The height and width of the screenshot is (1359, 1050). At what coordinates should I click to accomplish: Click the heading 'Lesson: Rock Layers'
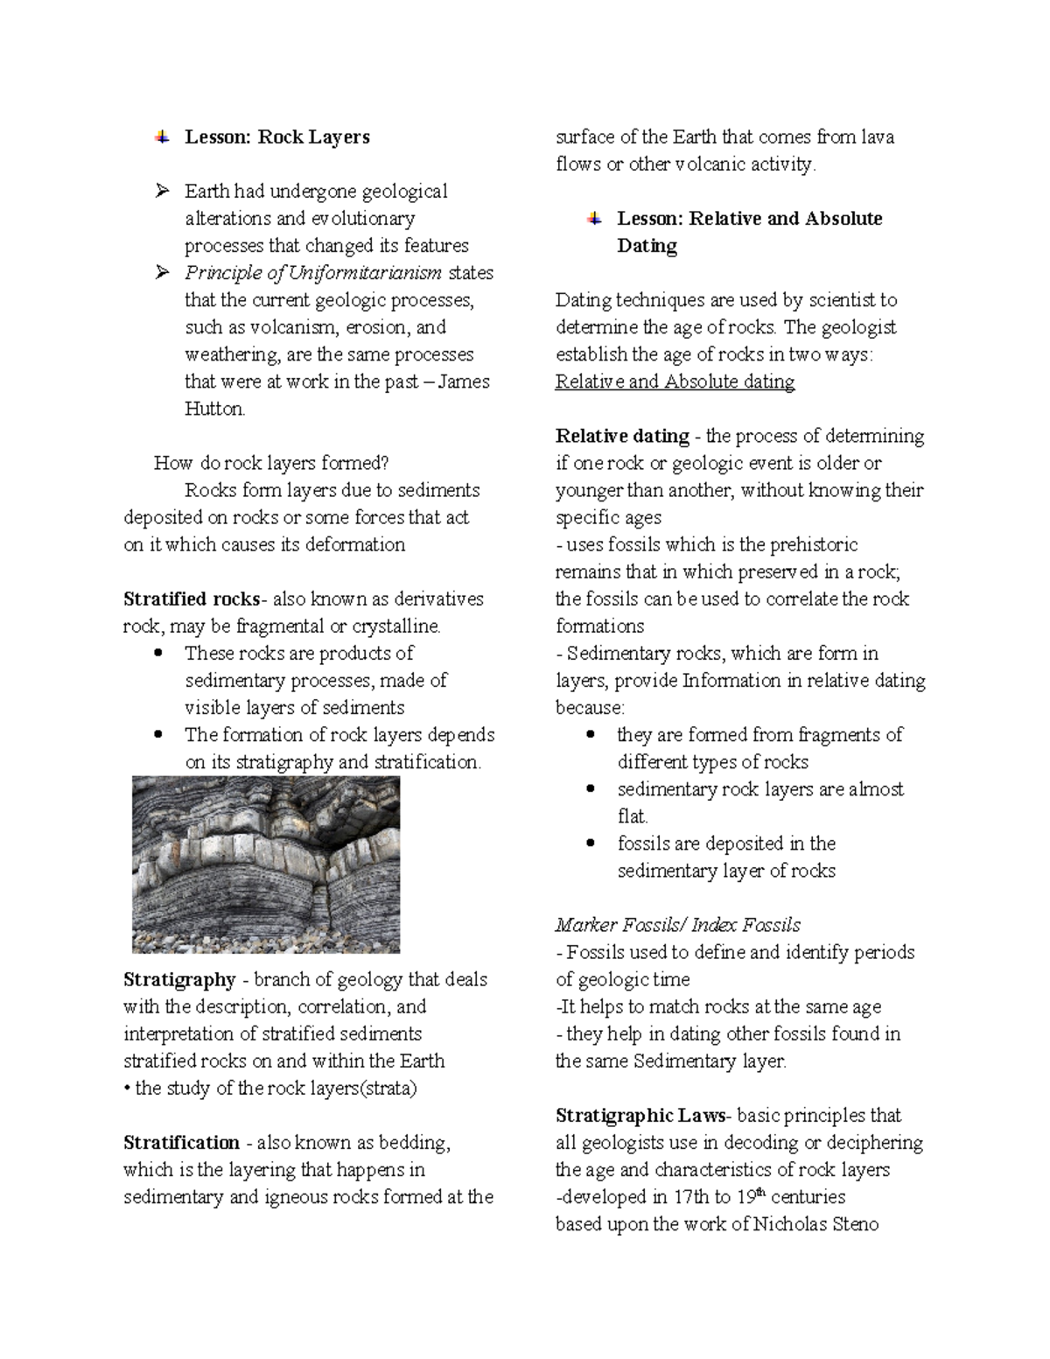276,137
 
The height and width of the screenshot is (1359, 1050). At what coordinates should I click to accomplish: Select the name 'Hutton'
214,409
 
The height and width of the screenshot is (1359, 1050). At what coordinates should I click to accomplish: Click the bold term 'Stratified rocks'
192,599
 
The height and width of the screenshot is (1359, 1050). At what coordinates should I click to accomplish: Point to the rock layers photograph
266,865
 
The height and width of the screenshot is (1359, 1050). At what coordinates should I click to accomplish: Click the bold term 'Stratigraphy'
179,980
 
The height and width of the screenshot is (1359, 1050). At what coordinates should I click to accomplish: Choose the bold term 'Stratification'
181,1143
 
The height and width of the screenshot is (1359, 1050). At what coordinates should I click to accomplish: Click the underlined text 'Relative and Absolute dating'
675,382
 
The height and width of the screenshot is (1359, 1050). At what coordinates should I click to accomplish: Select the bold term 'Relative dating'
622,436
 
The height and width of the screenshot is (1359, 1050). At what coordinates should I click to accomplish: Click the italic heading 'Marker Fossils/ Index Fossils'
678,925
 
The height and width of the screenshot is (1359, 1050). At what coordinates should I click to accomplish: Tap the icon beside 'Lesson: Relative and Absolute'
594,219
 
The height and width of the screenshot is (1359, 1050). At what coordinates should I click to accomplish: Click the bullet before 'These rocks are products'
157,653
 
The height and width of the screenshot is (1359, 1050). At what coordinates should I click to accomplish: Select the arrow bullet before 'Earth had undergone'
161,192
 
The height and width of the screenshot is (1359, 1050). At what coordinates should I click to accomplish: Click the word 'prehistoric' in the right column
814,545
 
